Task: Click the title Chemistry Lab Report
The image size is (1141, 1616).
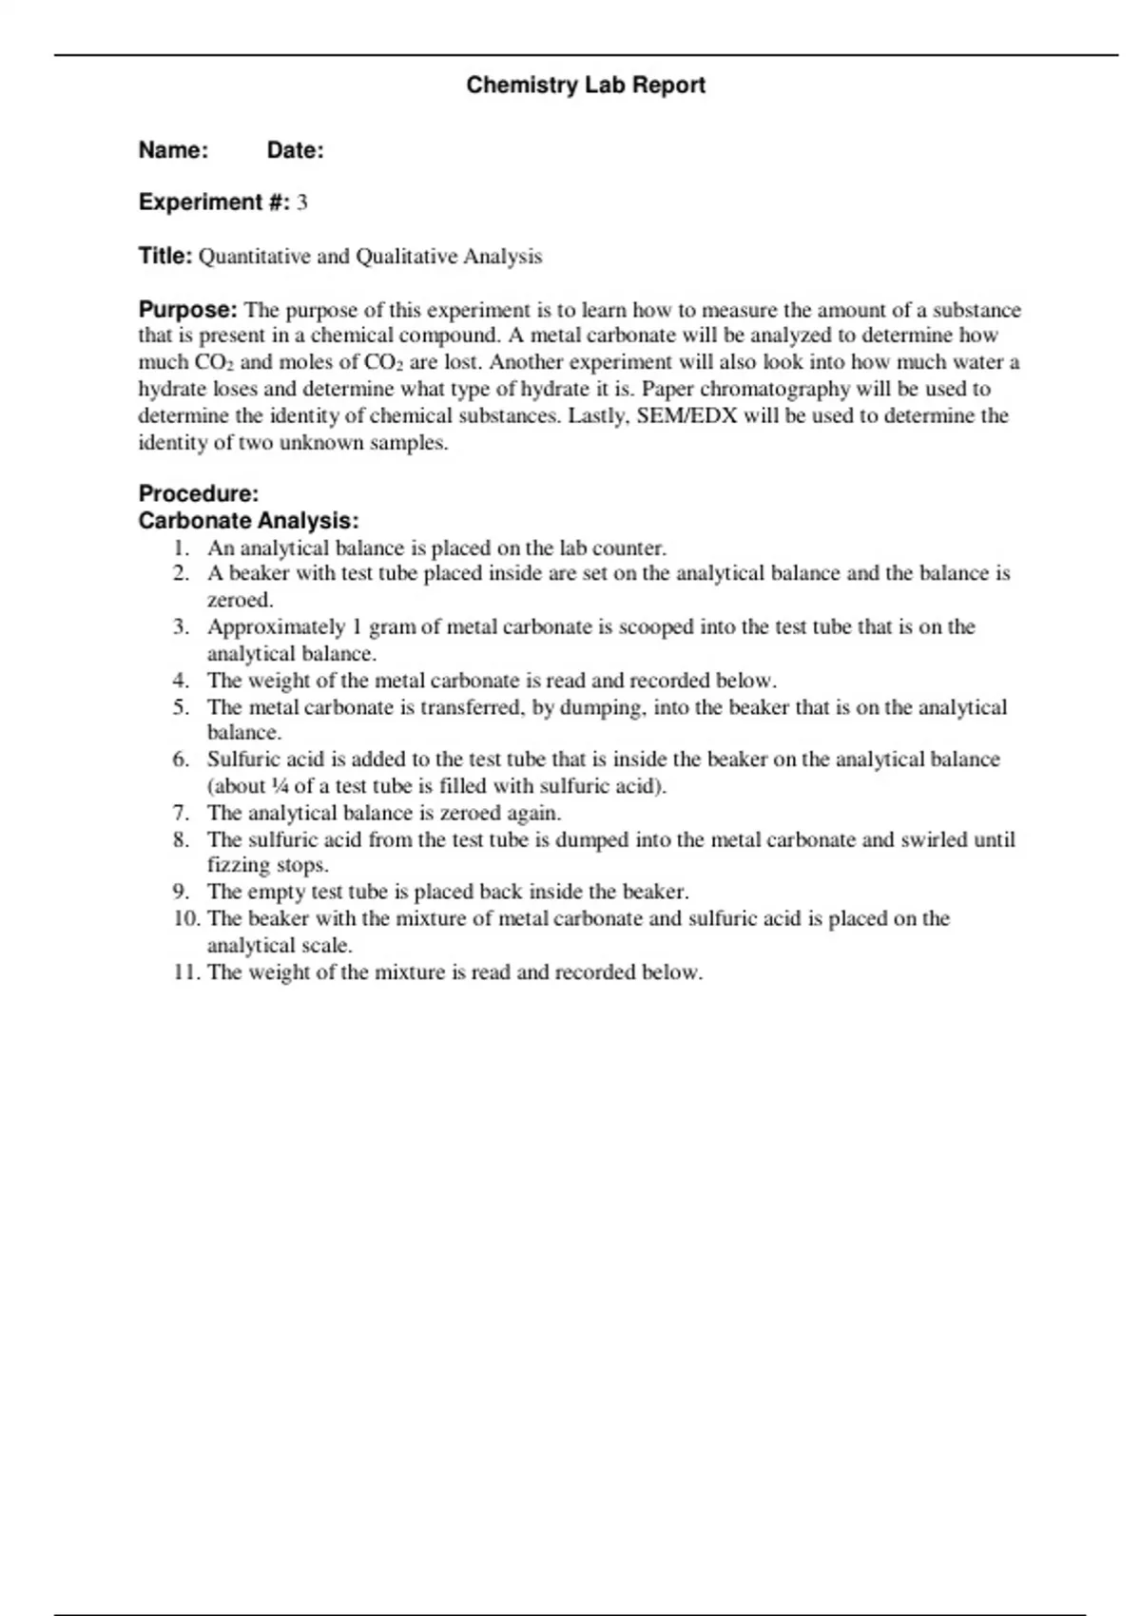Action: [x=586, y=86]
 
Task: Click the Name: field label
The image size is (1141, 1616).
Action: [x=173, y=150]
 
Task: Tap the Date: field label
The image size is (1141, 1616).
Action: [x=295, y=150]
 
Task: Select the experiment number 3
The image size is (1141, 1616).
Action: [x=301, y=202]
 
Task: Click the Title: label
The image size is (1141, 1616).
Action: [x=165, y=256]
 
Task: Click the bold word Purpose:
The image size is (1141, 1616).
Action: [x=187, y=310]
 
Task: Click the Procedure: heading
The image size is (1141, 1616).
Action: [x=199, y=493]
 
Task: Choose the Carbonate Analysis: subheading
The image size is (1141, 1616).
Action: [x=248, y=521]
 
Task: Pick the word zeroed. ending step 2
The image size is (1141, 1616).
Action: [x=241, y=601]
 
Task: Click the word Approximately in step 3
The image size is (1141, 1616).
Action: [x=276, y=627]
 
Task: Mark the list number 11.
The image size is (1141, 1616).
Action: [x=186, y=972]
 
